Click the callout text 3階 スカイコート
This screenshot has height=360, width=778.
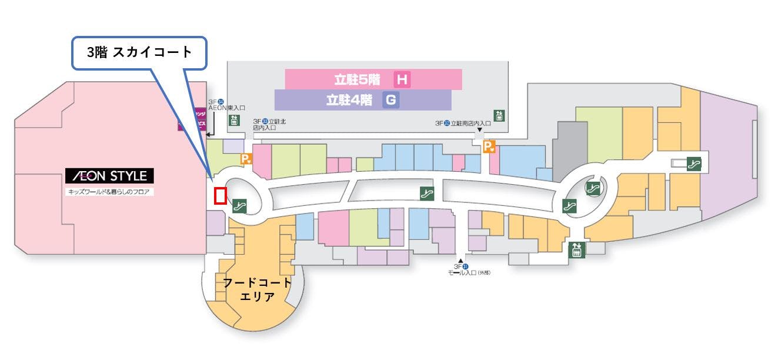pos(139,52)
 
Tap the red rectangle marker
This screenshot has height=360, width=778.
pos(221,196)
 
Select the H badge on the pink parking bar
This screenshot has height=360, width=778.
pos(402,79)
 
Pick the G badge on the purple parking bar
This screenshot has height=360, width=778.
pos(390,100)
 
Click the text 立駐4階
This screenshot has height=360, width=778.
pos(349,100)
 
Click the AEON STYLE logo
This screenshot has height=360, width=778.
pos(109,176)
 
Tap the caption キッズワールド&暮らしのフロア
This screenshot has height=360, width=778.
pos(109,192)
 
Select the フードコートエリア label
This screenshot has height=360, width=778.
pos(257,289)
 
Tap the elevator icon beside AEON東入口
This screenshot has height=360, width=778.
pos(233,120)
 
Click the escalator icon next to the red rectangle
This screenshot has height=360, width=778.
pos(239,205)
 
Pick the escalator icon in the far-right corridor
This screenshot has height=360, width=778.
pos(694,164)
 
